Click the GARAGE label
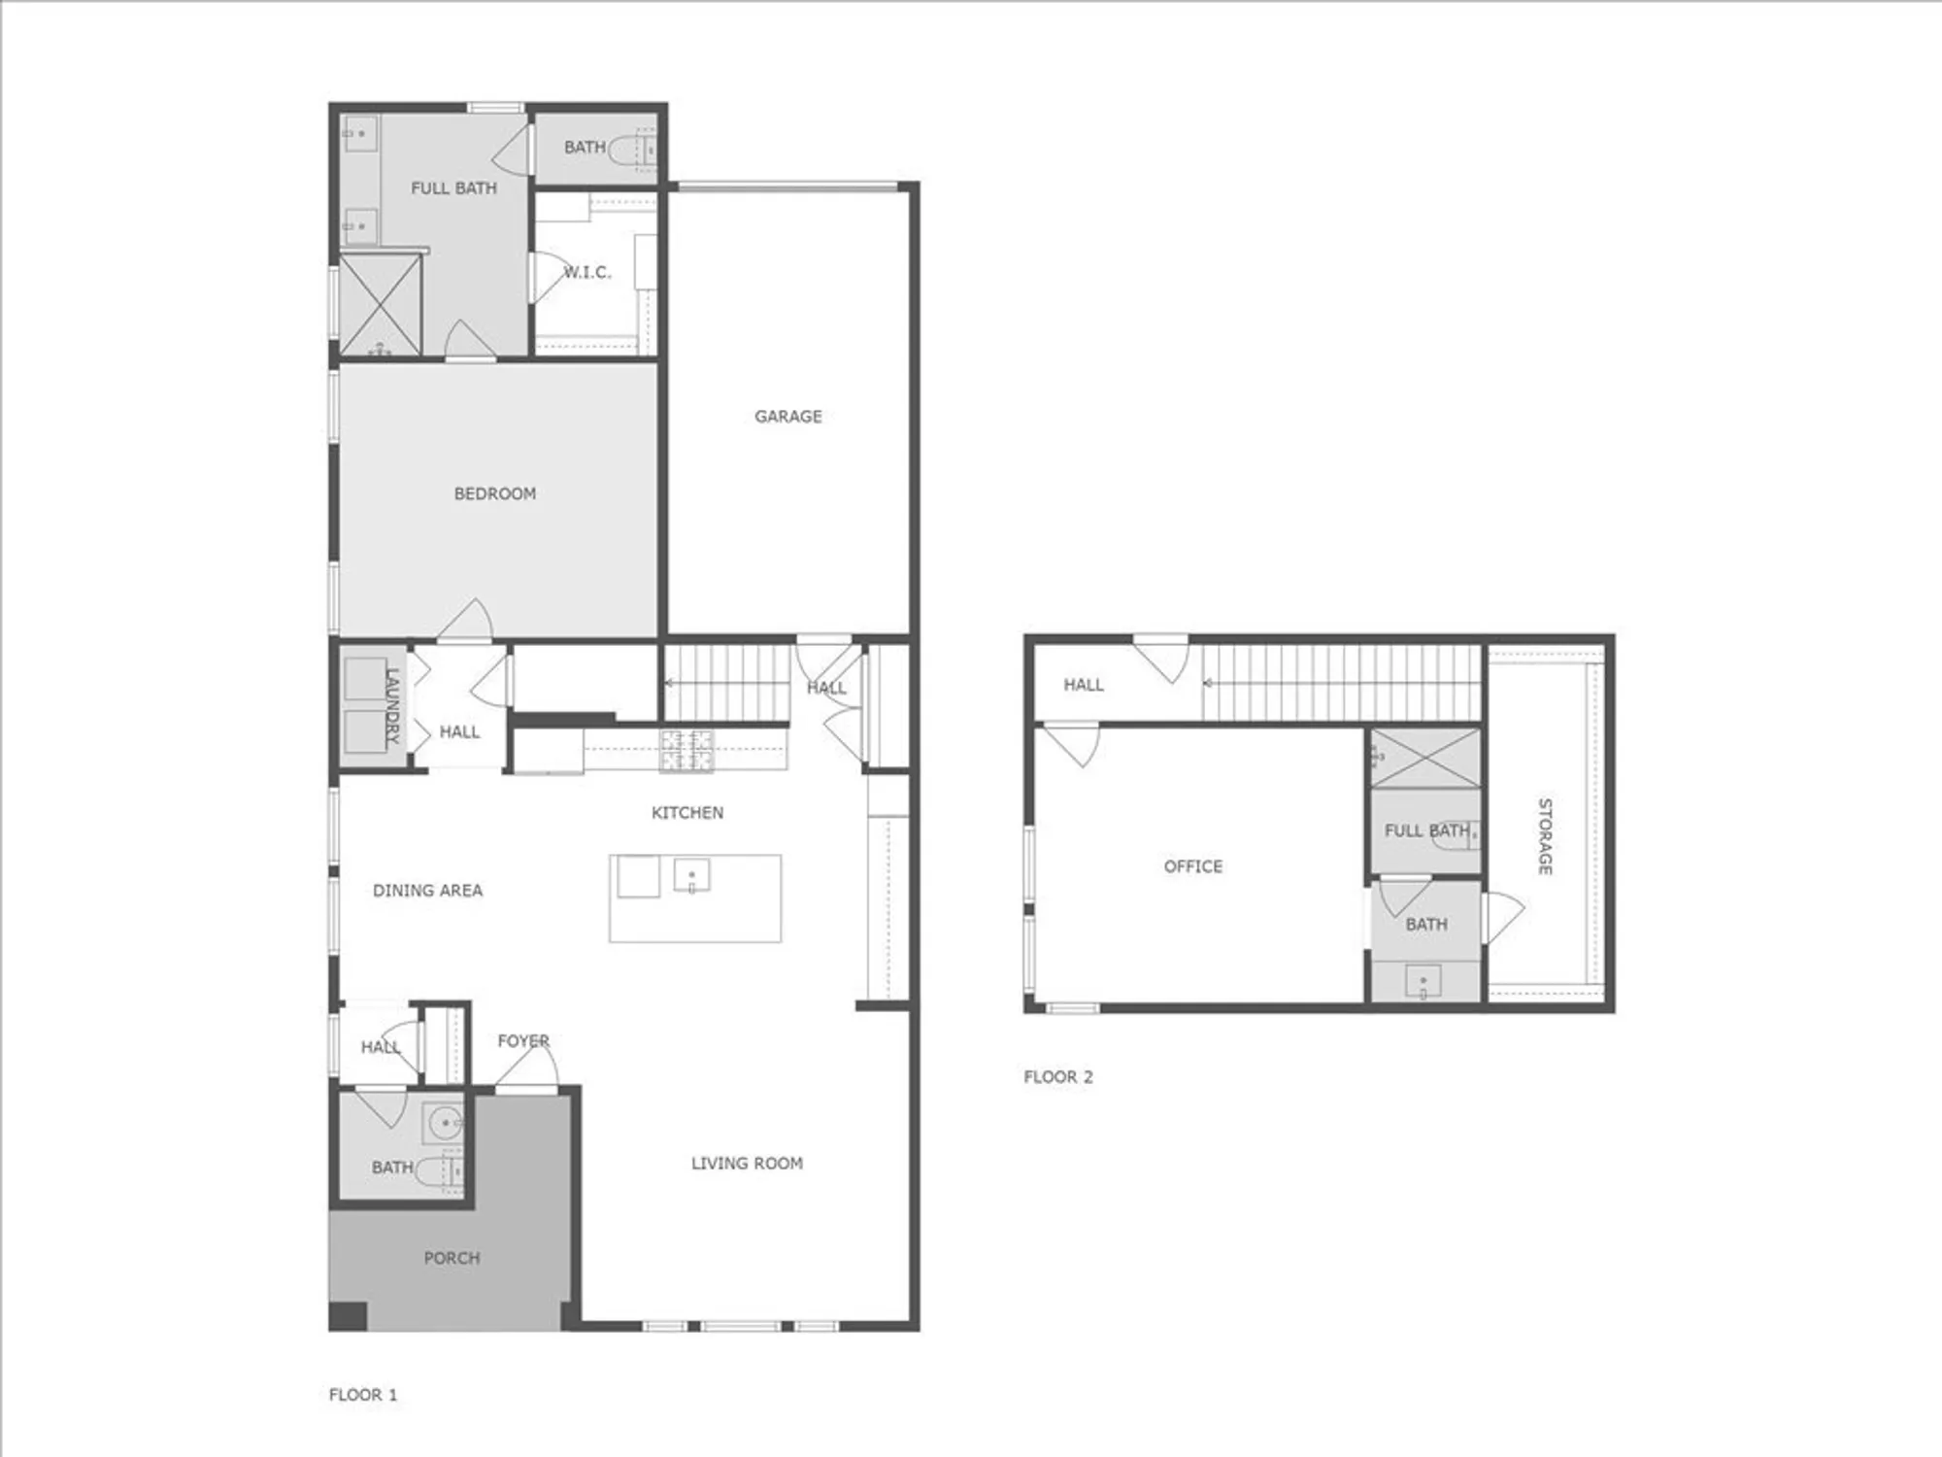[x=787, y=417]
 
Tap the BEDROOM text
[x=494, y=493]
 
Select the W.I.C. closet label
[x=588, y=272]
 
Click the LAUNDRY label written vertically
[x=392, y=705]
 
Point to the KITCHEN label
[x=686, y=812]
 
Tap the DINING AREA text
[x=427, y=890]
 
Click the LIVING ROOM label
[x=747, y=1163]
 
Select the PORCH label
[x=452, y=1258]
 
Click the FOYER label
[x=523, y=1040]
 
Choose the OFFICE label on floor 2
[x=1192, y=865]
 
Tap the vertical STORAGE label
[x=1544, y=836]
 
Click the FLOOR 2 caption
[x=1057, y=1076]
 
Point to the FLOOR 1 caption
[x=362, y=1395]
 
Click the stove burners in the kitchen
[x=686, y=751]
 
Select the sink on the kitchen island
[x=691, y=875]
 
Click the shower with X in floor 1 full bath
[x=380, y=304]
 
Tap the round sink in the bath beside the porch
[x=445, y=1124]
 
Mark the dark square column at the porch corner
[x=348, y=1316]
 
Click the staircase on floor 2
[x=1341, y=684]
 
